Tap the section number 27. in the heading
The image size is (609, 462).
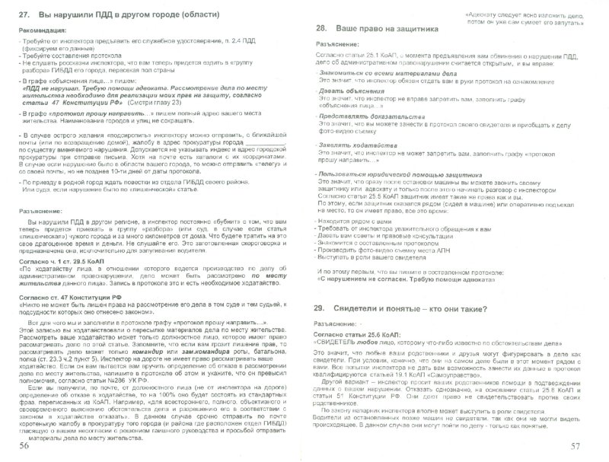point(26,15)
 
